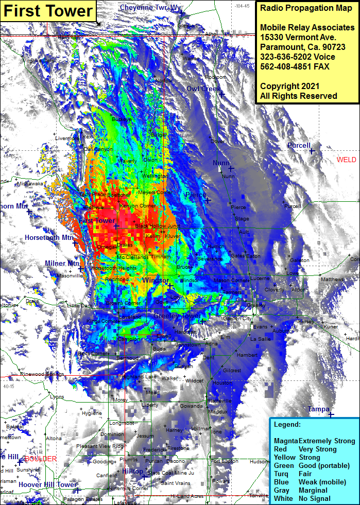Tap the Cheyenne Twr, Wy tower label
pyautogui.click(x=150, y=8)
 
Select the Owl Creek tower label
pyautogui.click(x=203, y=89)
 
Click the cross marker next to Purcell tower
pyautogui.click(x=312, y=151)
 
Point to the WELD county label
pyautogui.click(x=346, y=160)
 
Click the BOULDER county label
pyautogui.click(x=40, y=459)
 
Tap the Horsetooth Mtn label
pyautogui.click(x=49, y=237)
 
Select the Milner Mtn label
pyautogui.click(x=61, y=263)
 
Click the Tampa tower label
pyautogui.click(x=318, y=409)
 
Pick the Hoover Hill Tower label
pyautogui.click(x=47, y=484)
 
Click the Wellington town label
pyautogui.click(x=155, y=176)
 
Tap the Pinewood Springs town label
pyautogui.click(x=42, y=374)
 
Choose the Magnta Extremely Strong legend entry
pyautogui.click(x=314, y=441)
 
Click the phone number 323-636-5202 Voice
pyautogui.click(x=297, y=57)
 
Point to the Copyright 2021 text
pyautogui.click(x=289, y=86)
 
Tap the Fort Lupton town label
pyautogui.click(x=225, y=461)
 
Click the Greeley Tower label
pyautogui.click(x=177, y=315)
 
